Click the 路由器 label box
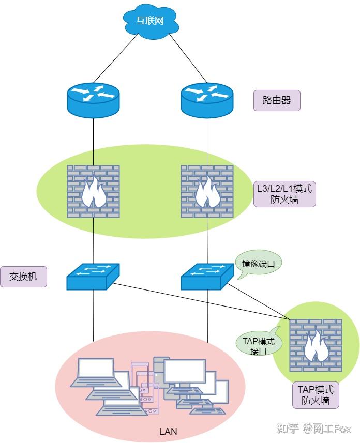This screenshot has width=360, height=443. tap(277, 101)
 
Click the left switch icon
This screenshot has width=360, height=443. tap(93, 277)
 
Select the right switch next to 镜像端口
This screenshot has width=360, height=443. tap(207, 277)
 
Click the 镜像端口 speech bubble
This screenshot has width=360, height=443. tap(258, 264)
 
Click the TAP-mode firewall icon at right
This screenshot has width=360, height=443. tap(316, 345)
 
